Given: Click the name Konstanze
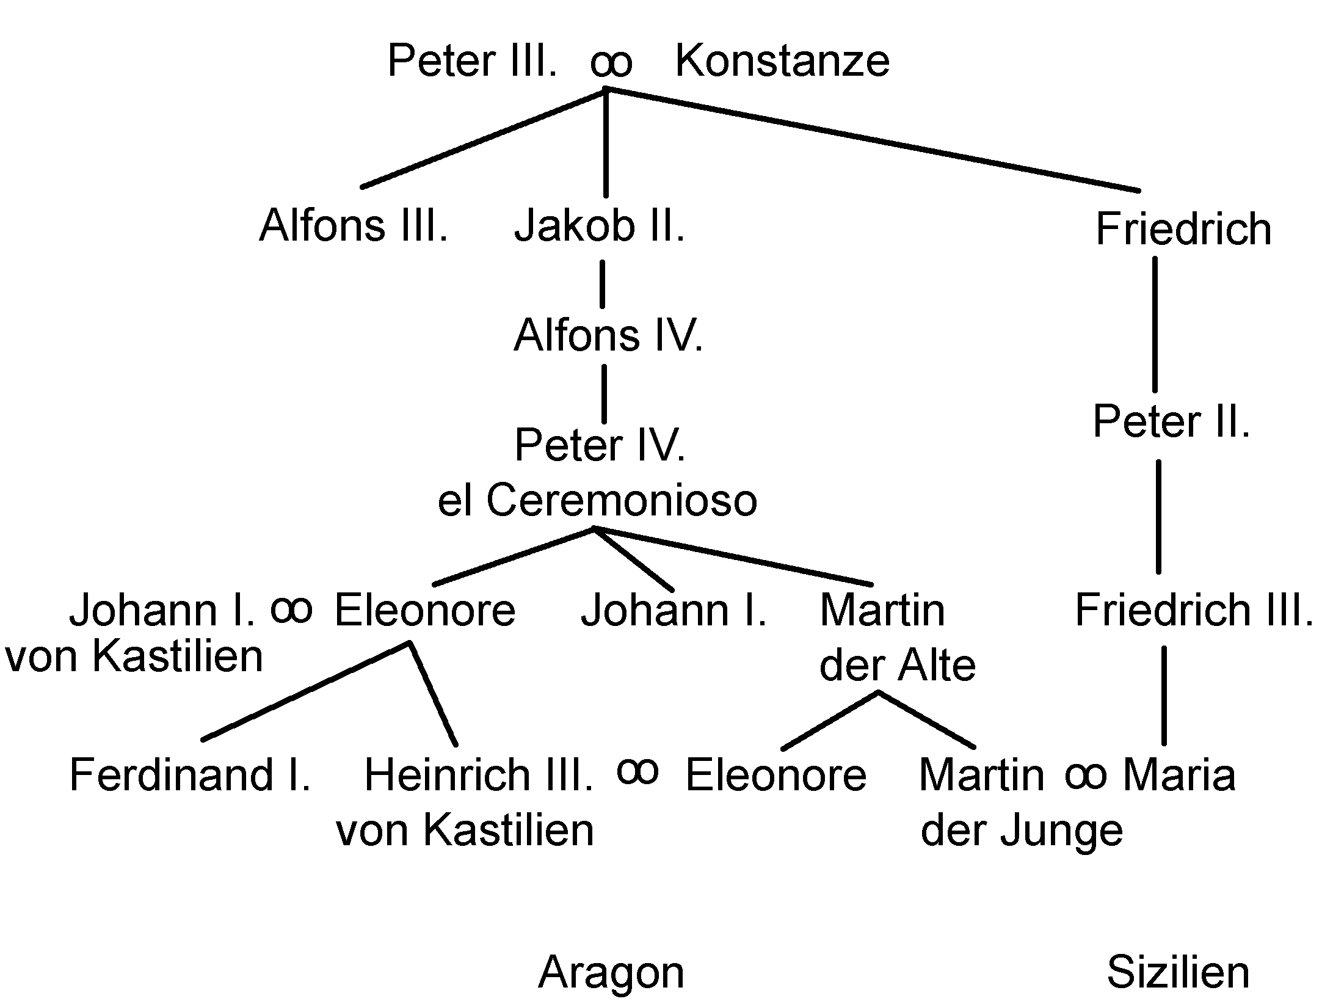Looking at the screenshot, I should click(782, 61).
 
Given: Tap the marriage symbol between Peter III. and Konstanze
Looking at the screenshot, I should click(611, 64).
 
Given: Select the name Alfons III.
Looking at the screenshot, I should click(354, 226).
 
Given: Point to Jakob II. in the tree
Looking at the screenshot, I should click(599, 226).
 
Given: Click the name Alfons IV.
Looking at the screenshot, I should click(608, 336).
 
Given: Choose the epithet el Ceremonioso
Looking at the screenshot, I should click(597, 501).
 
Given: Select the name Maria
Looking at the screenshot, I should click(1179, 774).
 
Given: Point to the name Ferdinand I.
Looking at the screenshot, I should click(190, 774).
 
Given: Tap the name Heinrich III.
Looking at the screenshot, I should click(478, 774).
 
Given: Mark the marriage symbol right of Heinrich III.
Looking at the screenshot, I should click(637, 771).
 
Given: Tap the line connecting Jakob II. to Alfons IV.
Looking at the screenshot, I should click(602, 284).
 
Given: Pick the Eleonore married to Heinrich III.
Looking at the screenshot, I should click(775, 774).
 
